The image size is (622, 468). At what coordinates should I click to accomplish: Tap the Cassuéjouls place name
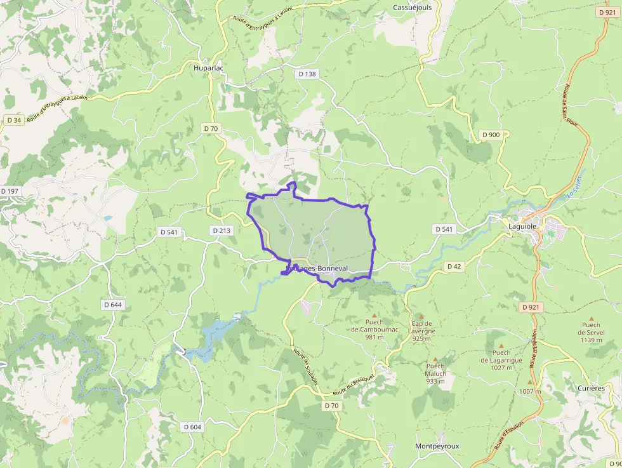[412, 8]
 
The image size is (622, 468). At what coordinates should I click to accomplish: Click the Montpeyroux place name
[437, 446]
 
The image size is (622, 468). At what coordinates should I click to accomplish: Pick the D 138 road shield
[307, 74]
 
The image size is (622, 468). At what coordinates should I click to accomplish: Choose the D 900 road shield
[491, 135]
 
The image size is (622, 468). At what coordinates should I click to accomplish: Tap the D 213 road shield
[222, 230]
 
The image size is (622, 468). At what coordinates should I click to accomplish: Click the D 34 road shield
[14, 119]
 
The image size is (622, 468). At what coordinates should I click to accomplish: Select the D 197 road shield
[11, 191]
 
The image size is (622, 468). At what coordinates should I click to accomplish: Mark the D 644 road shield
[112, 305]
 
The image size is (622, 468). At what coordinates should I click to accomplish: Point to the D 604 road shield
[192, 427]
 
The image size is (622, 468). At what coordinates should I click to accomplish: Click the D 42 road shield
[453, 266]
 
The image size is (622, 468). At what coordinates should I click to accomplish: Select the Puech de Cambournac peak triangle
[374, 316]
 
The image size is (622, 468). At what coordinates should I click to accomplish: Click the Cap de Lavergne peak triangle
[420, 316]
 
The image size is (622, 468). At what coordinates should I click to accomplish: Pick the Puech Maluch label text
[435, 370]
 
